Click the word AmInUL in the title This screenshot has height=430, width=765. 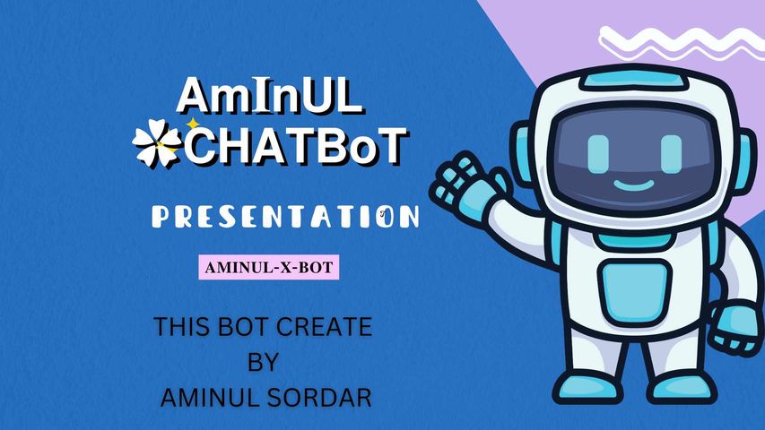point(269,95)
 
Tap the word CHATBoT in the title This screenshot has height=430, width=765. point(295,145)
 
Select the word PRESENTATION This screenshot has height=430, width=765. point(285,217)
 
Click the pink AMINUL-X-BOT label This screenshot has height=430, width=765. point(269,267)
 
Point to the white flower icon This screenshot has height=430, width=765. point(157,144)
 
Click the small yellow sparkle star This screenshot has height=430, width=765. point(194,125)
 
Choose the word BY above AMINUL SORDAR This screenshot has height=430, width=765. point(263,362)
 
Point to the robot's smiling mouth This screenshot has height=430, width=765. point(634,185)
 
